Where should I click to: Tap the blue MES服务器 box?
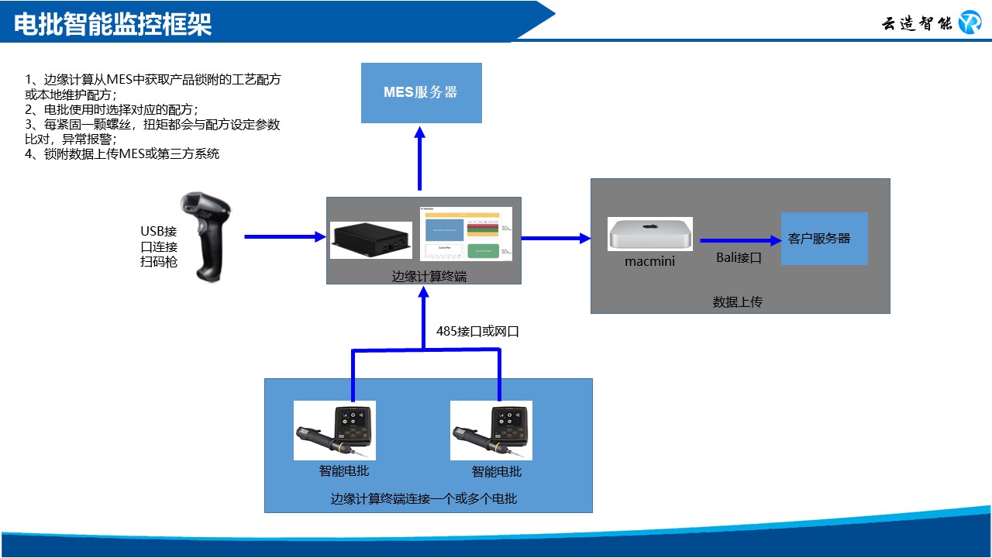click(422, 93)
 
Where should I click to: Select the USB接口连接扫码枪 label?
click(159, 246)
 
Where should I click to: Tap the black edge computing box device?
click(371, 240)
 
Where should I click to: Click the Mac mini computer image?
click(650, 233)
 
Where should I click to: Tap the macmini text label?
click(649, 261)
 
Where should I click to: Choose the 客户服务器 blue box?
click(824, 239)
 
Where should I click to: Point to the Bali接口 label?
click(739, 258)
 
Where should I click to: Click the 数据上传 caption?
click(738, 301)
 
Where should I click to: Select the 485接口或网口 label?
click(477, 332)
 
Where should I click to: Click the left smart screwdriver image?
click(335, 431)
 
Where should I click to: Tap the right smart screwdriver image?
click(491, 431)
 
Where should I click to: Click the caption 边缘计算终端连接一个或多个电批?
click(424, 498)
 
